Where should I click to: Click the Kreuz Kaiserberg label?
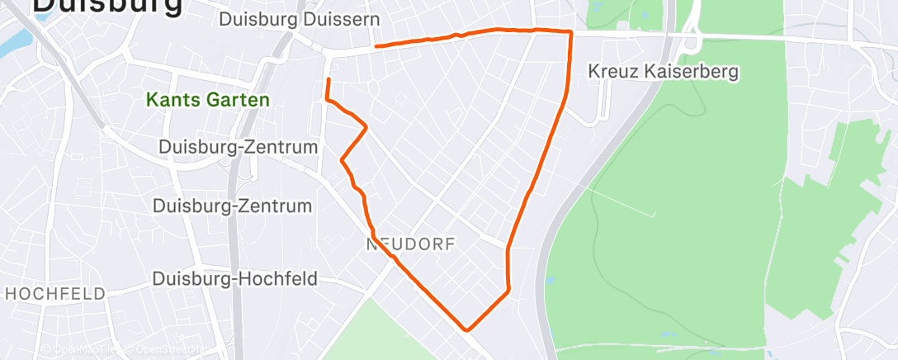point(663,72)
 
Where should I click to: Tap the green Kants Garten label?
point(208,100)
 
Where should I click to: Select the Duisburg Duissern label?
point(300,18)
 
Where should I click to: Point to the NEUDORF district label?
point(410,244)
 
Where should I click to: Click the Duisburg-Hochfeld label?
point(235,279)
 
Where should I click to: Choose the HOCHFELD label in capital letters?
point(54,294)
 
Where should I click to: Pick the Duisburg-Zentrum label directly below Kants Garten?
point(239,147)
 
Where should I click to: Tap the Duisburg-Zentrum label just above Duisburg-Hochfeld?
point(233,206)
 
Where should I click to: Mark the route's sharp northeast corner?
point(570,31)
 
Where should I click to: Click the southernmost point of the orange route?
point(468,329)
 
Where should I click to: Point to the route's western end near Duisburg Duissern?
point(376,46)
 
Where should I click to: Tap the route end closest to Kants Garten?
point(328,79)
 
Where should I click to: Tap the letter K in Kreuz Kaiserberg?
point(593,72)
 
